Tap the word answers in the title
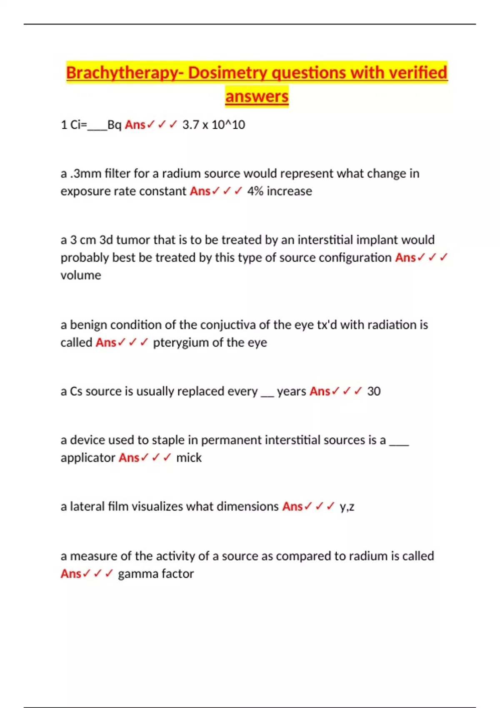click(257, 97)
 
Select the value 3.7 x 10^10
click(214, 125)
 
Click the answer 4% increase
click(280, 191)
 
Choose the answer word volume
click(81, 275)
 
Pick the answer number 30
click(374, 391)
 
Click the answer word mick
click(189, 458)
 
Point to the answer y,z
click(347, 507)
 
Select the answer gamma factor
click(156, 574)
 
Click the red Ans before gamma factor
click(70, 574)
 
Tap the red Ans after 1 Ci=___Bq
click(135, 125)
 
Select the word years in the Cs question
click(291, 391)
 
